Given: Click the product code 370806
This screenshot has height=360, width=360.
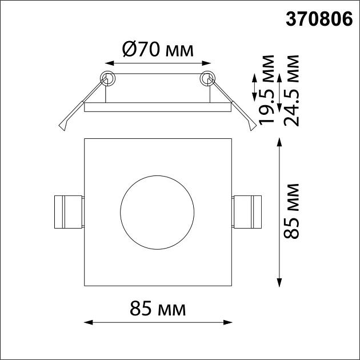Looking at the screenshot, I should (x=318, y=20).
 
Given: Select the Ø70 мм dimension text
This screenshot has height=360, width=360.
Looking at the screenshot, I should (x=158, y=50).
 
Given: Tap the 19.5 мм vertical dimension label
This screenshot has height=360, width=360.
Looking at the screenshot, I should (x=266, y=90).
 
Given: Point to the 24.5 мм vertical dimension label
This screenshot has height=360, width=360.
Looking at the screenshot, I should (x=291, y=90).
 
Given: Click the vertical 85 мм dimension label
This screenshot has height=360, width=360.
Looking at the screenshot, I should (x=291, y=212).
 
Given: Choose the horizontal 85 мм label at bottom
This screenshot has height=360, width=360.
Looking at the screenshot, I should (x=158, y=309).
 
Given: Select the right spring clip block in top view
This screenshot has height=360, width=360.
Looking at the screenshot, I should (x=247, y=212).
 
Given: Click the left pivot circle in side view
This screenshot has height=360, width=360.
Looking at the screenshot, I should (x=107, y=78).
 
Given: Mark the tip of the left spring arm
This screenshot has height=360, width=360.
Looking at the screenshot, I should (x=63, y=127).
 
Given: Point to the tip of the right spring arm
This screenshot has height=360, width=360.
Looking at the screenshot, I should (x=251, y=127).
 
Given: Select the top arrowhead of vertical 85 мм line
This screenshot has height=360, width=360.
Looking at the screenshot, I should (x=279, y=141).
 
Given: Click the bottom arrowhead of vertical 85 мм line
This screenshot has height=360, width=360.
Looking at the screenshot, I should (x=279, y=283).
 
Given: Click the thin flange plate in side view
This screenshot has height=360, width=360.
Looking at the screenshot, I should (x=158, y=106).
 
